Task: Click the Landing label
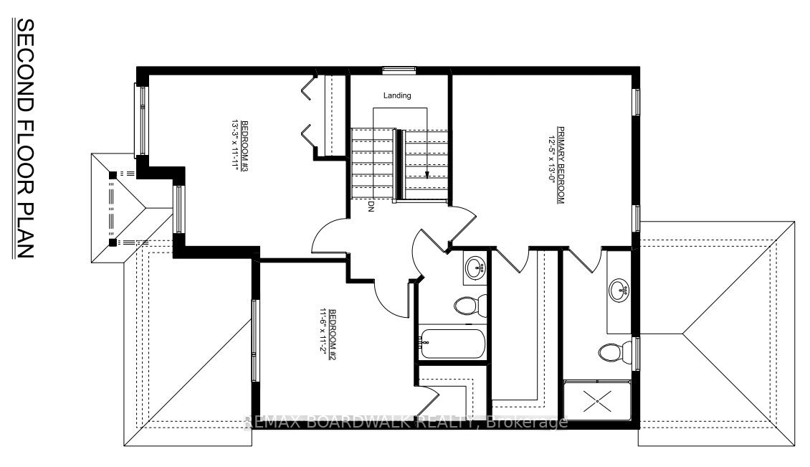click(397, 95)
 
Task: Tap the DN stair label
click(371, 207)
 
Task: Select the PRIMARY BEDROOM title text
click(561, 165)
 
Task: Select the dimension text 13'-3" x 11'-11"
click(236, 150)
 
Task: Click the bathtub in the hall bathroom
click(452, 344)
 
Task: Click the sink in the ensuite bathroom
click(619, 291)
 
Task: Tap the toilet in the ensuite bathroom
click(615, 353)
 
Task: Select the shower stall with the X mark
click(597, 402)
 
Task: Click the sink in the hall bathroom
click(475, 268)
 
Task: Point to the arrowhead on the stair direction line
click(427, 174)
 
